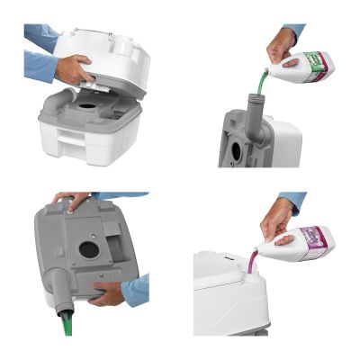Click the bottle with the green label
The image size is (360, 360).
307,68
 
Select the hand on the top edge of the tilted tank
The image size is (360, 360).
72,199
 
